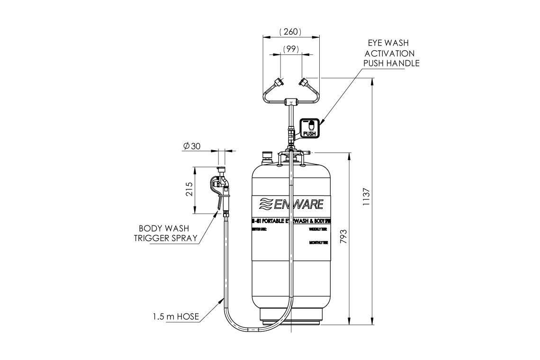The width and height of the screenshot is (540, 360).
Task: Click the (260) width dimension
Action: point(290,32)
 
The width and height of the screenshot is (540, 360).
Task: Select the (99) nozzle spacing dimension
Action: point(290,49)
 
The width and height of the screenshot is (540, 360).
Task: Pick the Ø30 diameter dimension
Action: point(192,146)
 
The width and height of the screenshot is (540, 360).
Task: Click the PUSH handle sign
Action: point(309,128)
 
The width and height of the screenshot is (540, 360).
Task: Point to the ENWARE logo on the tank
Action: point(291,204)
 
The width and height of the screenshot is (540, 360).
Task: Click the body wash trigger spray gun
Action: point(221,187)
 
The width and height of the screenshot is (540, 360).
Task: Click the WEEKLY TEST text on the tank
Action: point(318,229)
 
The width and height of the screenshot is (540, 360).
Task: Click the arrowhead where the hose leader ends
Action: point(223,299)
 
